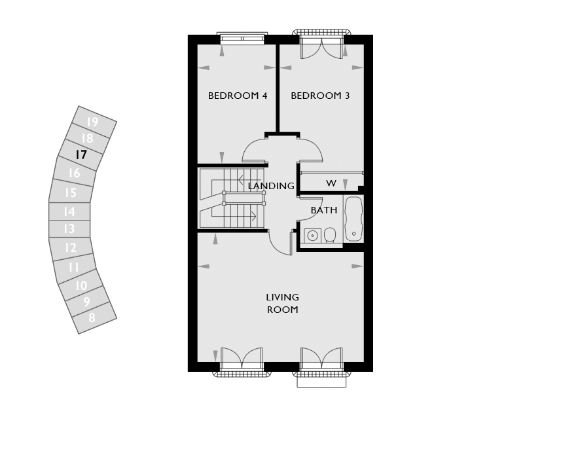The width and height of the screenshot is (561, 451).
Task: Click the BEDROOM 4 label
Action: click(238, 96)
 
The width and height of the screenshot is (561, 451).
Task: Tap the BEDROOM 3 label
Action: click(320, 96)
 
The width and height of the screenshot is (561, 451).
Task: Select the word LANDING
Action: click(271, 186)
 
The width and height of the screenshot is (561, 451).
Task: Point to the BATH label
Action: click(324, 210)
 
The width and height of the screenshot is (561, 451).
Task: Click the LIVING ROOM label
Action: click(283, 303)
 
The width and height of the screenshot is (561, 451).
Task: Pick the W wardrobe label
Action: click(331, 183)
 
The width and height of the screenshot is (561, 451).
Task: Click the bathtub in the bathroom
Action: click(353, 219)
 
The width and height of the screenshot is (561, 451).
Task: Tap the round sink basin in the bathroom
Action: click(313, 236)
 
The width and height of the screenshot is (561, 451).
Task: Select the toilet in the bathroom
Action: click(329, 236)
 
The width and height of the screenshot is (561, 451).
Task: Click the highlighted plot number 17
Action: click(81, 155)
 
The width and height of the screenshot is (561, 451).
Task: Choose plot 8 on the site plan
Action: click(92, 317)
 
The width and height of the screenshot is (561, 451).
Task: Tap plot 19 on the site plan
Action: click(92, 122)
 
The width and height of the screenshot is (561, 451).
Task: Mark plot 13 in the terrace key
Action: click(69, 228)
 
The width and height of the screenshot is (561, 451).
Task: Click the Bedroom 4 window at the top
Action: click(242, 38)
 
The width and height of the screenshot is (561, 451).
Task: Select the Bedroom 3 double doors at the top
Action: click(322, 46)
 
